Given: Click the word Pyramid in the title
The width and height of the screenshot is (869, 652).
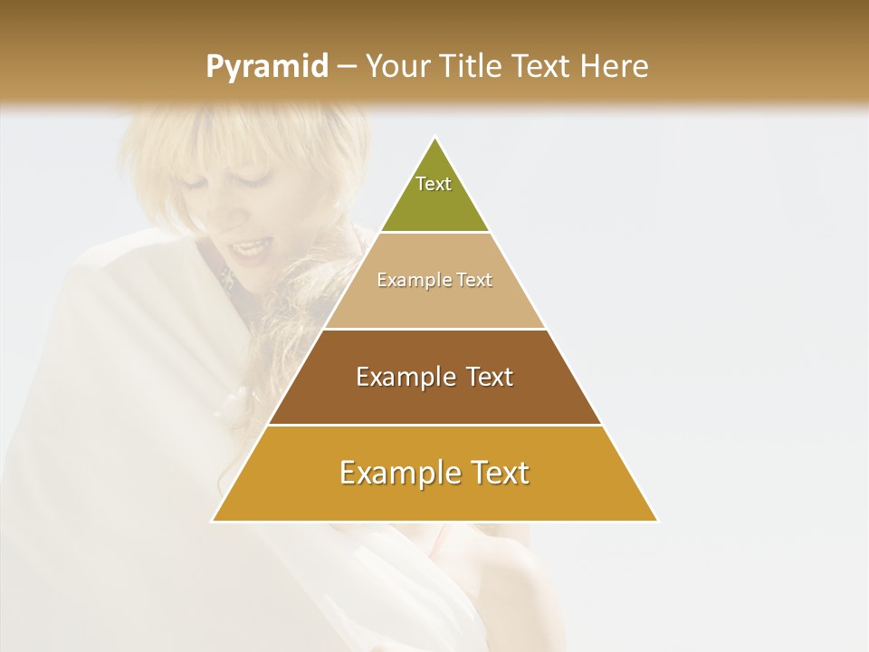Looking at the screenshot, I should click(x=266, y=67).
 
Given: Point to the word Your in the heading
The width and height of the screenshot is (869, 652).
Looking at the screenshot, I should click(x=398, y=66).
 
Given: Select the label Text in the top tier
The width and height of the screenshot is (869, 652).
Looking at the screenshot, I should click(x=434, y=184).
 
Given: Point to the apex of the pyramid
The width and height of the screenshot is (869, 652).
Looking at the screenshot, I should click(x=434, y=138).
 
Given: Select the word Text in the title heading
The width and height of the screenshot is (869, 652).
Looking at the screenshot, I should click(x=543, y=66).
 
